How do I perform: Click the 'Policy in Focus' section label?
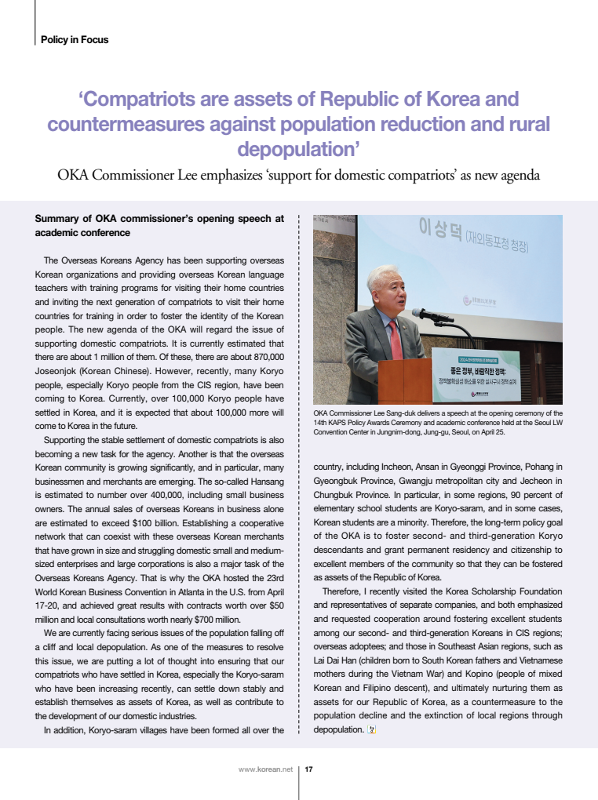tap(75, 39)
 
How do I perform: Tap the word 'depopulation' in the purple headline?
tap(298, 149)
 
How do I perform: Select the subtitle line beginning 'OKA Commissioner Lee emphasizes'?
tap(298, 175)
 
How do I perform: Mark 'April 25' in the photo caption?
tap(489, 431)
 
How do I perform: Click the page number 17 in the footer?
tap(309, 769)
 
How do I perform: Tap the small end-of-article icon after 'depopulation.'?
tap(372, 730)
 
